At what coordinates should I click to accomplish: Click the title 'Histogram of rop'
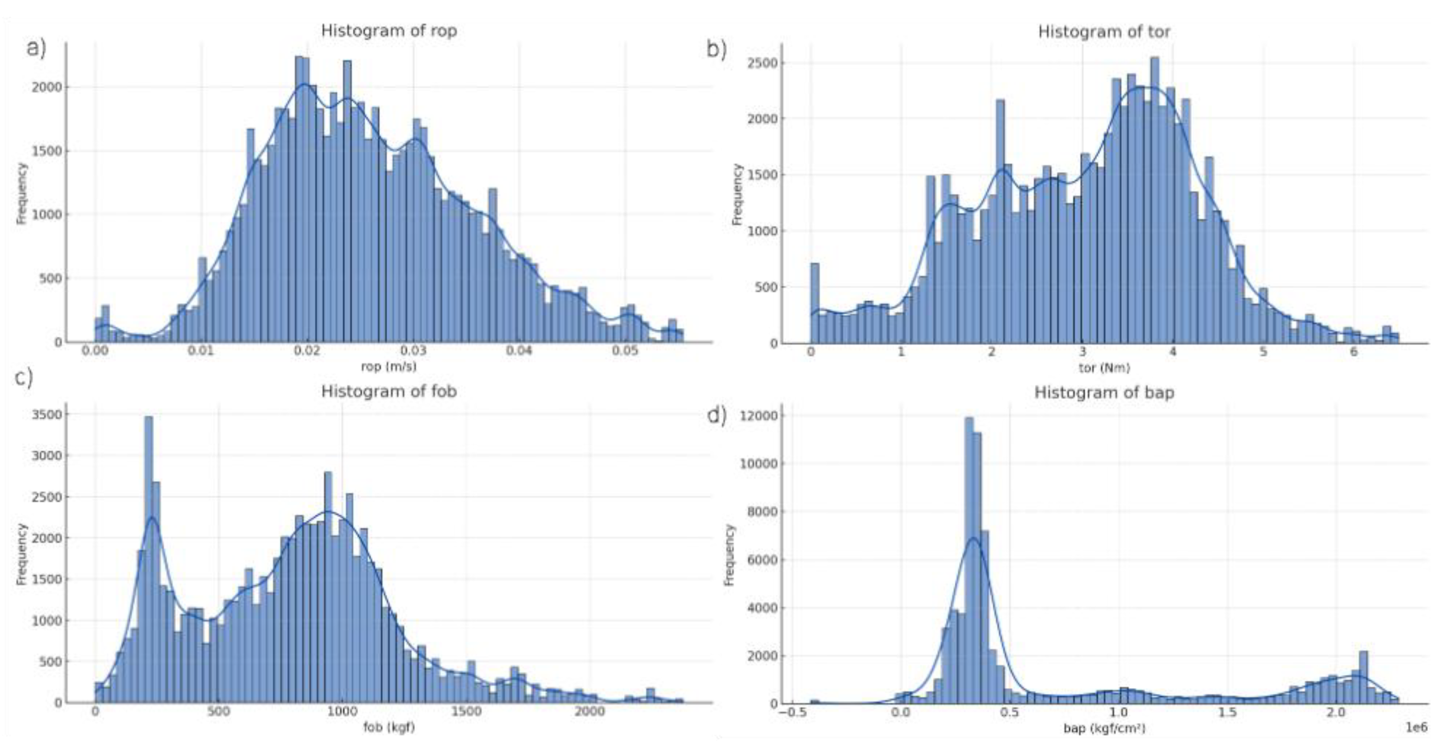click(389, 31)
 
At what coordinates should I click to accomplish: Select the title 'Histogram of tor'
click(1104, 32)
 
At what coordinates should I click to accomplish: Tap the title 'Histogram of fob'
click(389, 391)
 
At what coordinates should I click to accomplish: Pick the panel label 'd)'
click(717, 416)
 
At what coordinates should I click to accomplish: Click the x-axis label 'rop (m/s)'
click(389, 366)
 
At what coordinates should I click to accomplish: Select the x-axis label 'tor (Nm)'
click(1104, 368)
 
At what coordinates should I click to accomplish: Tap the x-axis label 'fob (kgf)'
click(389, 727)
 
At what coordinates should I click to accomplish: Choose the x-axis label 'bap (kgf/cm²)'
click(1104, 728)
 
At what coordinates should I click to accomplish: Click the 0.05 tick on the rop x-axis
click(625, 352)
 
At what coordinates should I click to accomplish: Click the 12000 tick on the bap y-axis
click(762, 416)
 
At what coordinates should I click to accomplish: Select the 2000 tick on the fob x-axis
click(590, 712)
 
